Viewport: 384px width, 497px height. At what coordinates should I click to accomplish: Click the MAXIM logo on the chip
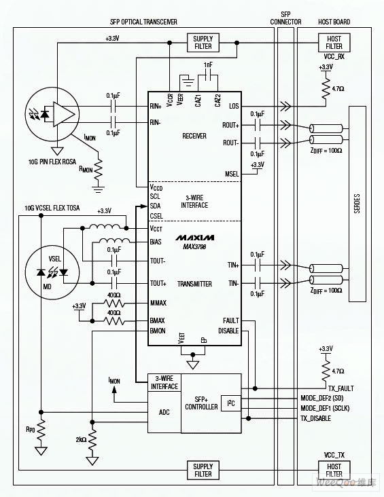195,238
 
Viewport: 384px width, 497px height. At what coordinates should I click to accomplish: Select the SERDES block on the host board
357,204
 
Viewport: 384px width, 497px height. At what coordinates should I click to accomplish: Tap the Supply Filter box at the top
203,43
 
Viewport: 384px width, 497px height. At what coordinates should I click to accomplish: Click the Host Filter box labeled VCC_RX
334,43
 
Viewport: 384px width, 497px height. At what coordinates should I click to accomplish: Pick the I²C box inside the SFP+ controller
231,403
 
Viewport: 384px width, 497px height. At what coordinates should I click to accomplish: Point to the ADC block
164,412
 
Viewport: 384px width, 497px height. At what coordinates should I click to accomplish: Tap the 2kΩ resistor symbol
92,440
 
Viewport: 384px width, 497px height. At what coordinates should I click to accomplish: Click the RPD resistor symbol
41,429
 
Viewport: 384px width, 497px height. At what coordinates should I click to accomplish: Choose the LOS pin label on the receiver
234,106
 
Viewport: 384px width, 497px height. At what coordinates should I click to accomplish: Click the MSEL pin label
232,174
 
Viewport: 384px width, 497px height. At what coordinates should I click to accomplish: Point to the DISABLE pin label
228,331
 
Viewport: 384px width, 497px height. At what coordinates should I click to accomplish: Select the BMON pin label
158,331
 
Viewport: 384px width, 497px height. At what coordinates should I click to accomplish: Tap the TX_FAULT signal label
341,388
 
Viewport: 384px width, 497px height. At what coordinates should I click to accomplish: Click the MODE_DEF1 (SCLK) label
325,408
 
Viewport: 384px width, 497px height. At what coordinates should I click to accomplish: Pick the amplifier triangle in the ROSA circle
64,114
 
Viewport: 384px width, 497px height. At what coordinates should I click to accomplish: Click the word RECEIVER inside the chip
194,136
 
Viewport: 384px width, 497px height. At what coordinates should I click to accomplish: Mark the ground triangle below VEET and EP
192,365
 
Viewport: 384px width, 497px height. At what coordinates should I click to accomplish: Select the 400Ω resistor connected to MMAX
114,303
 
